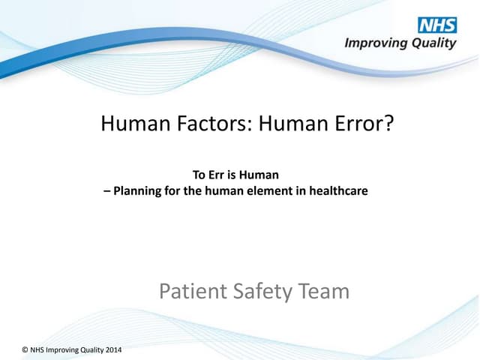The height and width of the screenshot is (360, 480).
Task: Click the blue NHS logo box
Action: pyautogui.click(x=437, y=25)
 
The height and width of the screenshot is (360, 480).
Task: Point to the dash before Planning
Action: pyautogui.click(x=106, y=191)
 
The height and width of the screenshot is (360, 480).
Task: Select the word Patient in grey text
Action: pyautogui.click(x=190, y=291)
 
